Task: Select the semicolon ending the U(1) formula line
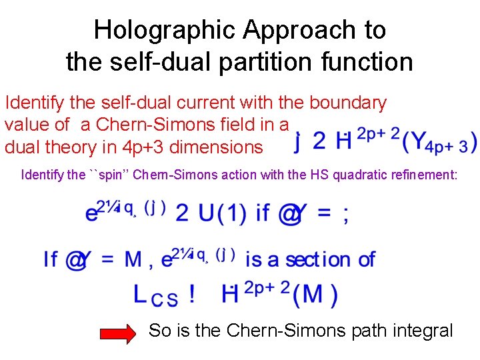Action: point(345,214)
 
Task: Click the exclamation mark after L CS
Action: point(192,294)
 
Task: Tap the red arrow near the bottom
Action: point(121,331)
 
